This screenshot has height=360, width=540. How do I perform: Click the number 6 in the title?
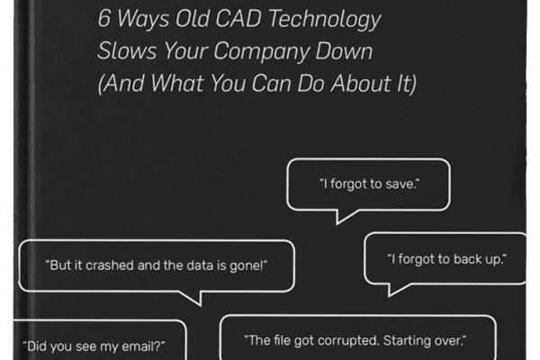point(104,18)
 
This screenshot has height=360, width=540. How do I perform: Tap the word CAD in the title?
point(239,18)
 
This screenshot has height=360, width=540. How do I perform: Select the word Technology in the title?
point(325,20)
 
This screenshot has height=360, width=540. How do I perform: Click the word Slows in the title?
point(127,50)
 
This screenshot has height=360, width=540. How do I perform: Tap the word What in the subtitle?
point(177,83)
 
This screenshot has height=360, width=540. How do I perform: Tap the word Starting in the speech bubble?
point(407,341)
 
